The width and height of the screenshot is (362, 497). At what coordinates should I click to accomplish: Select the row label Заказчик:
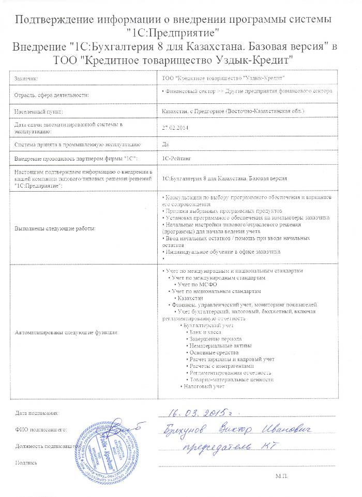coord(27,78)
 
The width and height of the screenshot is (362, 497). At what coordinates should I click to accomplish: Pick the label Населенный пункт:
coord(39,111)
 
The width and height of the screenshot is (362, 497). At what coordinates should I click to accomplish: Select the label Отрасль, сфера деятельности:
coord(52,95)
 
